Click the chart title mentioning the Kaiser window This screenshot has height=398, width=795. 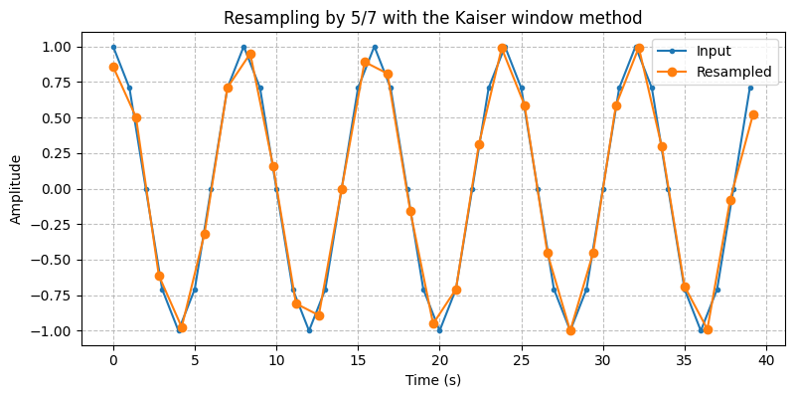[x=432, y=18]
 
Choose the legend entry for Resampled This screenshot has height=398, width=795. [x=733, y=72]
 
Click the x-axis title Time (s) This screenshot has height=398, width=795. [x=432, y=379]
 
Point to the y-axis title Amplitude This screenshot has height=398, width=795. [x=16, y=189]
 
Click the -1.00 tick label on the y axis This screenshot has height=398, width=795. [x=55, y=331]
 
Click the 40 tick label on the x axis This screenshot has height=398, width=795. [x=765, y=358]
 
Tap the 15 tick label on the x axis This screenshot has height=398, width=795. [x=358, y=358]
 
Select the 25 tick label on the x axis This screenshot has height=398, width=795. [x=521, y=358]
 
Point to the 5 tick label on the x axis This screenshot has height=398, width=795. [x=195, y=358]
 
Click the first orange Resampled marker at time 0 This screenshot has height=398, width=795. [x=113, y=67]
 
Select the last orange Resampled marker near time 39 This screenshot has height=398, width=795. [x=753, y=114]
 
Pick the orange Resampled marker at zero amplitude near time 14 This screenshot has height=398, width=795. [x=342, y=189]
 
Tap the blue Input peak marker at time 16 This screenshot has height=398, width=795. [x=375, y=47]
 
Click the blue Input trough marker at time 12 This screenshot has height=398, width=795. [x=309, y=330]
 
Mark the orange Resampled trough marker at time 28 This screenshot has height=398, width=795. [x=570, y=330]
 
